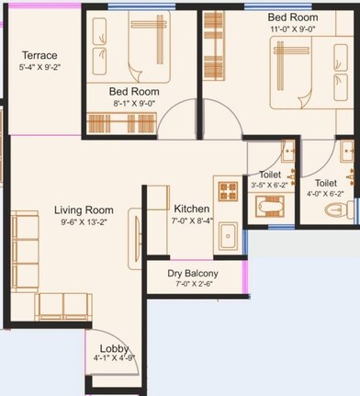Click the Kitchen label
(x=189, y=209)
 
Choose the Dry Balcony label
(x=193, y=274)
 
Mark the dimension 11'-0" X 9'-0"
(x=293, y=29)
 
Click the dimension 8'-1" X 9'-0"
(x=134, y=104)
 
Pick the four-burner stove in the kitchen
(x=227, y=191)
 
